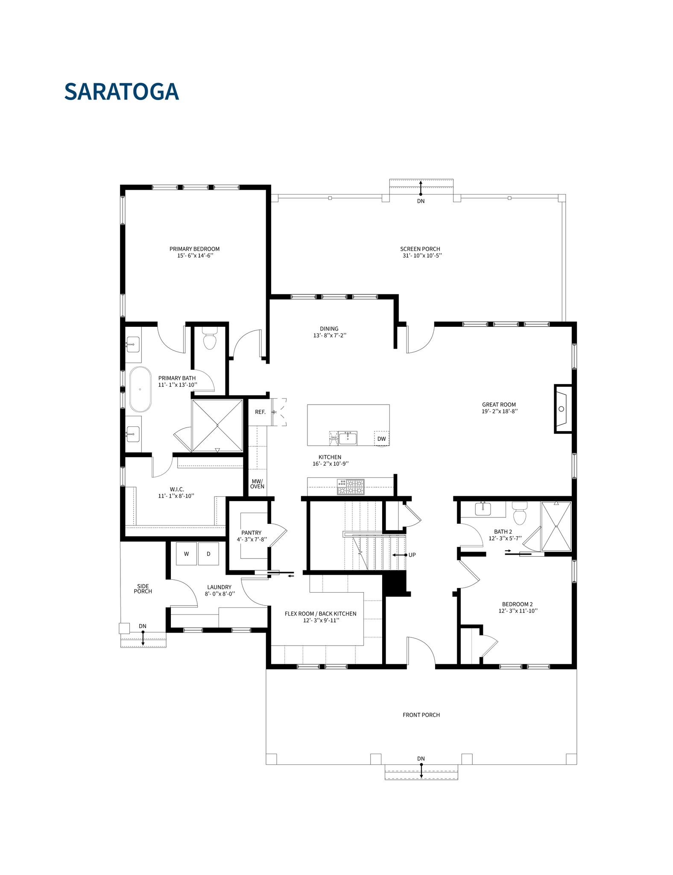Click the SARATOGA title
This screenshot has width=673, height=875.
[x=121, y=91]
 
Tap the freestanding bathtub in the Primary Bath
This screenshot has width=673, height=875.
[x=140, y=389]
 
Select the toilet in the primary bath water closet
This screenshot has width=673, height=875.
[x=210, y=340]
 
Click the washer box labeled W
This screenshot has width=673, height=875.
[x=186, y=554]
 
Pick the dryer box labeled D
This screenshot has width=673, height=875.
[x=208, y=554]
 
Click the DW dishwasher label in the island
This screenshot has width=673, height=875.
[x=381, y=439]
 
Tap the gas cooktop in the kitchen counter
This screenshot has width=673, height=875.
[x=351, y=487]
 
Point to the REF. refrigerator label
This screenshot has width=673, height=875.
[x=260, y=412]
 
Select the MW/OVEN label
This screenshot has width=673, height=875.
[x=257, y=484]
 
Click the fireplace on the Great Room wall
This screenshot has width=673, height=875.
[x=562, y=409]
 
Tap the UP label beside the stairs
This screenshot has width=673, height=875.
[x=412, y=555]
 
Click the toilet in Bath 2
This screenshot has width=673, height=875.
[x=519, y=514]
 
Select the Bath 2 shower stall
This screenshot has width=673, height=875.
[x=556, y=526]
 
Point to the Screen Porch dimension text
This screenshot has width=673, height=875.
[x=422, y=255]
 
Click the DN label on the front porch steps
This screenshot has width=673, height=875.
[x=421, y=758]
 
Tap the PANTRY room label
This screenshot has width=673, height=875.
[x=251, y=533]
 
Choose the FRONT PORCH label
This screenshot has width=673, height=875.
[x=421, y=715]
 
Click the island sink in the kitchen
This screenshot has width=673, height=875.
[x=348, y=437]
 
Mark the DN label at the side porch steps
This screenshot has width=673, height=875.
[x=143, y=626]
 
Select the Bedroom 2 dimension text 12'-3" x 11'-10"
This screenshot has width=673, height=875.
[x=518, y=611]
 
